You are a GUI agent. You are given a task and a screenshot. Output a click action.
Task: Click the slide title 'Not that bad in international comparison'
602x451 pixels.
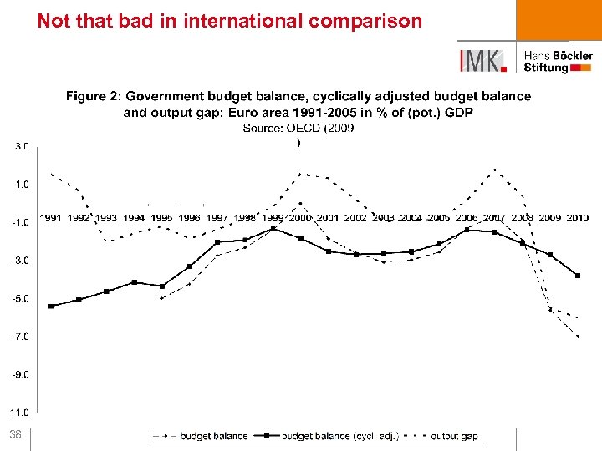point(230,21)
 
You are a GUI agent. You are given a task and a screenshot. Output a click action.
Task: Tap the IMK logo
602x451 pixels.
point(482,61)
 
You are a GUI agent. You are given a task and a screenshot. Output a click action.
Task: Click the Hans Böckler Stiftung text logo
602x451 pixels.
point(558,61)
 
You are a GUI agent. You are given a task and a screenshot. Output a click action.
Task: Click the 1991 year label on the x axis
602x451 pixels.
point(51,218)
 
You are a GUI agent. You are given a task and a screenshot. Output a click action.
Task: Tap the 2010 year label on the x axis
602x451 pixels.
point(577,218)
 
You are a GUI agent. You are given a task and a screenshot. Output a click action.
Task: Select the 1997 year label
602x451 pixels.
point(217,218)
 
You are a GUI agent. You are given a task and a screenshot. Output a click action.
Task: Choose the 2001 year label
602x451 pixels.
point(328,218)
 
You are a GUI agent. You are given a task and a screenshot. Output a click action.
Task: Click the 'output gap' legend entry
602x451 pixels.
point(454,436)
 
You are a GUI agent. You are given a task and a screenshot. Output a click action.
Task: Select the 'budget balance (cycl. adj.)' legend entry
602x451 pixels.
point(339,436)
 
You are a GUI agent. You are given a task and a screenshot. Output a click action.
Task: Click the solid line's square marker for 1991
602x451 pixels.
point(51,307)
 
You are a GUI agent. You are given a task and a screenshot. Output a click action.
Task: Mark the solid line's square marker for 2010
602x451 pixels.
point(578,276)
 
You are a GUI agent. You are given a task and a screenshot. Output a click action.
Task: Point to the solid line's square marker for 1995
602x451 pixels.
point(162,286)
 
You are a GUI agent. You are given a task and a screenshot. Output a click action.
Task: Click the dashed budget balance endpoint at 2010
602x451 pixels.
point(578,336)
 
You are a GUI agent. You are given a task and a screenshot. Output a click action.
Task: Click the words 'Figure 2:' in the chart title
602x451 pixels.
point(93,97)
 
